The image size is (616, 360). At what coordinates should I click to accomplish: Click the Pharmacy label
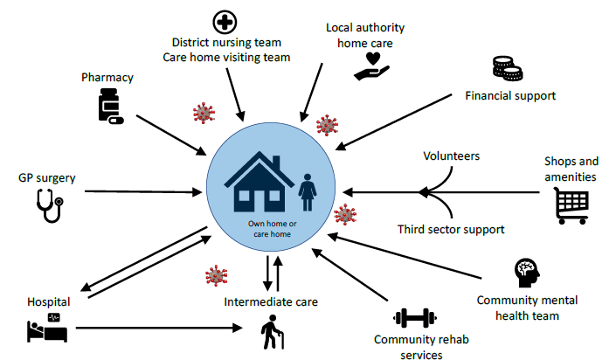point(107,77)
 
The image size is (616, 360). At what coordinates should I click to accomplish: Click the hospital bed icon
point(45,329)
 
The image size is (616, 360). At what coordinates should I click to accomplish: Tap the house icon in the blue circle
point(260,186)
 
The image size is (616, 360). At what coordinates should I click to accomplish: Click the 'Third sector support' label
point(451,230)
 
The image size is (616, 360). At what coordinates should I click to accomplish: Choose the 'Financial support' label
point(510,94)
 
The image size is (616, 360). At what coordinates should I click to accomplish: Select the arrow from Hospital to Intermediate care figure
point(157,329)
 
